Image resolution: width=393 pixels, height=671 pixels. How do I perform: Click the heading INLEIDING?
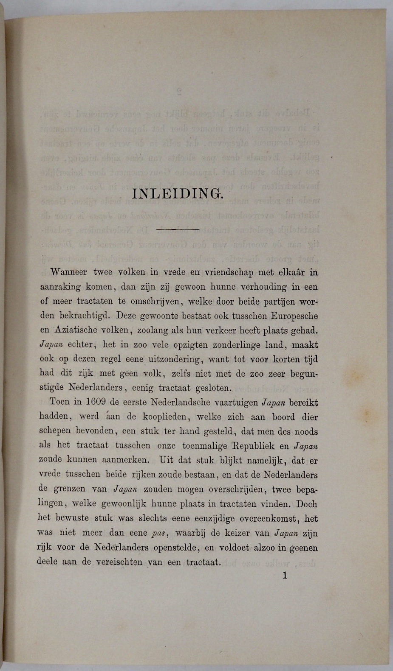(178, 194)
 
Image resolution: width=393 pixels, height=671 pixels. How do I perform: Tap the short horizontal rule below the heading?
(178, 229)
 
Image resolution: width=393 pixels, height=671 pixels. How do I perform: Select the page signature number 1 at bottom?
(285, 576)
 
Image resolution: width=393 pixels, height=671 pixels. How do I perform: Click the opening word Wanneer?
(69, 272)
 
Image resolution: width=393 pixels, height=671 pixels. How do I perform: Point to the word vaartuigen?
(235, 402)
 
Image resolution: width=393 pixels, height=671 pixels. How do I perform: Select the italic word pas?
(158, 533)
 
